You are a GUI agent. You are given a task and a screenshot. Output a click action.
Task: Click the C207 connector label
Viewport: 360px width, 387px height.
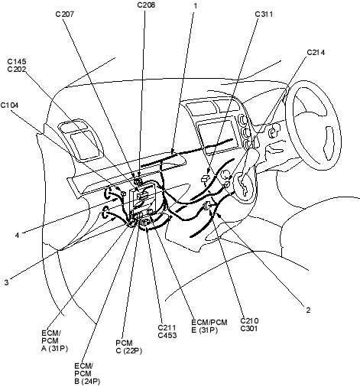[65, 14]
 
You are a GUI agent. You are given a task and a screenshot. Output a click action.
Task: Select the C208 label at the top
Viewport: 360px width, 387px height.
[146, 5]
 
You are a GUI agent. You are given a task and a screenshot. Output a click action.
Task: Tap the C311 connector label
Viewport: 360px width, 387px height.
[264, 14]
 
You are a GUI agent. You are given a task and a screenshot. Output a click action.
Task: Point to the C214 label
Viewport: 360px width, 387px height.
[316, 53]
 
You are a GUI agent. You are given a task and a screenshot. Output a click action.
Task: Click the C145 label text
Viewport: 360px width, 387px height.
[17, 61]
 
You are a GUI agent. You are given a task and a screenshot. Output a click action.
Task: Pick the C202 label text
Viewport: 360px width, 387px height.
[17, 70]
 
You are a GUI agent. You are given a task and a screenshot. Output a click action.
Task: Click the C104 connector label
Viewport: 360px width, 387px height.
[9, 105]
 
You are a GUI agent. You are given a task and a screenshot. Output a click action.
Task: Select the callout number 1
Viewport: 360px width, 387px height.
[196, 5]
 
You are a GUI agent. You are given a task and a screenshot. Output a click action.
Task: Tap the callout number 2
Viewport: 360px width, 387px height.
[308, 310]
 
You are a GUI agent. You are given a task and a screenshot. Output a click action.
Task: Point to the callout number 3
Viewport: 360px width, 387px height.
[6, 282]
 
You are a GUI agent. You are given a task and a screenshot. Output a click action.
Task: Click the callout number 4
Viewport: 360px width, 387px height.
[17, 235]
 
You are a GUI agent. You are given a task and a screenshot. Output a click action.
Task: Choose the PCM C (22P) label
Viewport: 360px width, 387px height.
[128, 346]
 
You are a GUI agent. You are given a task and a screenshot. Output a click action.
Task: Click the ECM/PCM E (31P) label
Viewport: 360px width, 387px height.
[209, 326]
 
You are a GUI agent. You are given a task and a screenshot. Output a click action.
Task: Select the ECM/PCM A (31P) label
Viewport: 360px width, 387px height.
[54, 340]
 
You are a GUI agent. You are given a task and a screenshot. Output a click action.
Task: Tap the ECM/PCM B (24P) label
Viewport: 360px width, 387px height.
[87, 373]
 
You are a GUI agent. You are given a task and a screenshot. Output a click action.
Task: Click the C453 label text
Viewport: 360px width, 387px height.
[167, 335]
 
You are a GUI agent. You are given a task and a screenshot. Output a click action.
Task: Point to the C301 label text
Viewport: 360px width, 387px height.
[249, 329]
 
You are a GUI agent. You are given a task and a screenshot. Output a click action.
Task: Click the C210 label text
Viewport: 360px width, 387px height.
[249, 320]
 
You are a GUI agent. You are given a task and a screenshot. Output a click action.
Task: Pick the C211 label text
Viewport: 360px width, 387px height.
[167, 327]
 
